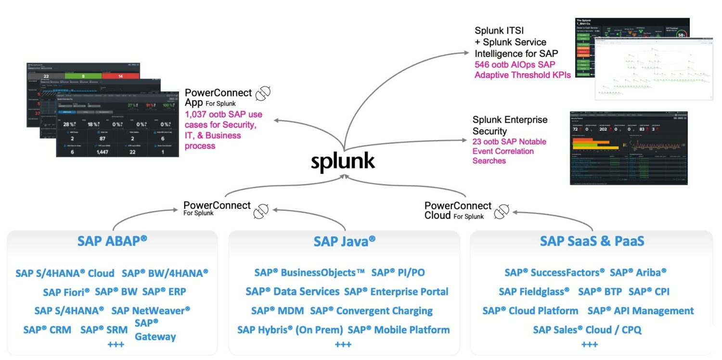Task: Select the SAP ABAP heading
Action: [112, 241]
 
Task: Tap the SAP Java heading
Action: [344, 241]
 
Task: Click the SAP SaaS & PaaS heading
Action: [592, 241]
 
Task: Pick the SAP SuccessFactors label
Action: [554, 272]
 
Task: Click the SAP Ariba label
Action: [638, 272]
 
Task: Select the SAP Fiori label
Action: [66, 292]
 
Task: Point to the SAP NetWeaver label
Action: [151, 311]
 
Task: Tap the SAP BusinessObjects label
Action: [309, 272]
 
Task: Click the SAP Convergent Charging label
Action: [371, 311]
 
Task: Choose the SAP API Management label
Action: [641, 311]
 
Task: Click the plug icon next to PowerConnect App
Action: [263, 95]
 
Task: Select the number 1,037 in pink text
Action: [198, 115]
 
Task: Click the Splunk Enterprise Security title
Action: [510, 125]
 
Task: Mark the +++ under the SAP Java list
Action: [343, 345]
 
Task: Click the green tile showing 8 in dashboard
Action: [83, 76]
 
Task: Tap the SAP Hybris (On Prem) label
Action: [290, 330]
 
